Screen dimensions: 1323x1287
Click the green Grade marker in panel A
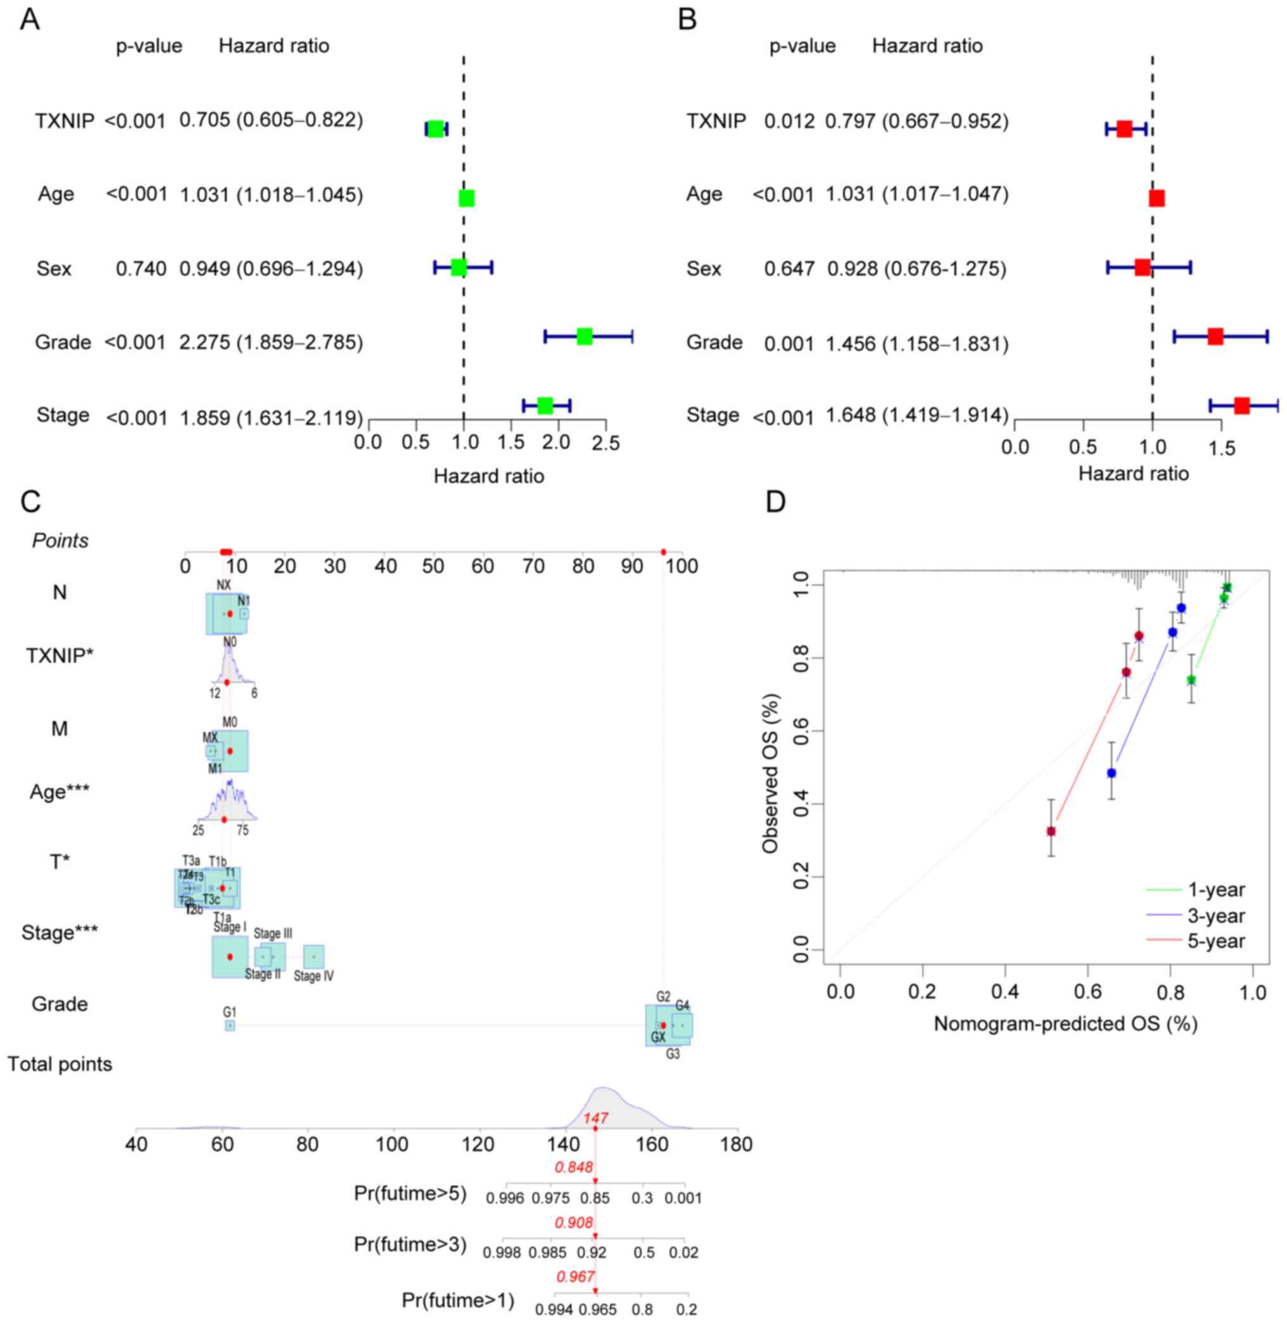(585, 336)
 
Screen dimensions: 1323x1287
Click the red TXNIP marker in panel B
(1124, 129)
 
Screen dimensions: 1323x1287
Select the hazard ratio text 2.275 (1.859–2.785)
(271, 342)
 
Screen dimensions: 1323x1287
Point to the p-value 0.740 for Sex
(141, 269)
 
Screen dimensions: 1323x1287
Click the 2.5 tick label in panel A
(605, 443)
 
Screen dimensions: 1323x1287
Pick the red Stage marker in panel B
(1241, 405)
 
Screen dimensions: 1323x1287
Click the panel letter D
(776, 503)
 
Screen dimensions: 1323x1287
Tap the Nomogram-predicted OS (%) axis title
(1065, 1024)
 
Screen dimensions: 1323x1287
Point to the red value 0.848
(574, 1167)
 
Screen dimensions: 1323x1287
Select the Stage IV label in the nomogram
(314, 976)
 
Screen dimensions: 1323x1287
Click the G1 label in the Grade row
(230, 1012)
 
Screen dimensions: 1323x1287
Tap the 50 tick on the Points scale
(433, 566)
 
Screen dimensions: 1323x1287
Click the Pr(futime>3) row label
(410, 1244)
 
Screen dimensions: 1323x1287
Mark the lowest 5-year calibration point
(1051, 831)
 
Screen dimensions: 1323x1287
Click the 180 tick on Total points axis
(736, 1144)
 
